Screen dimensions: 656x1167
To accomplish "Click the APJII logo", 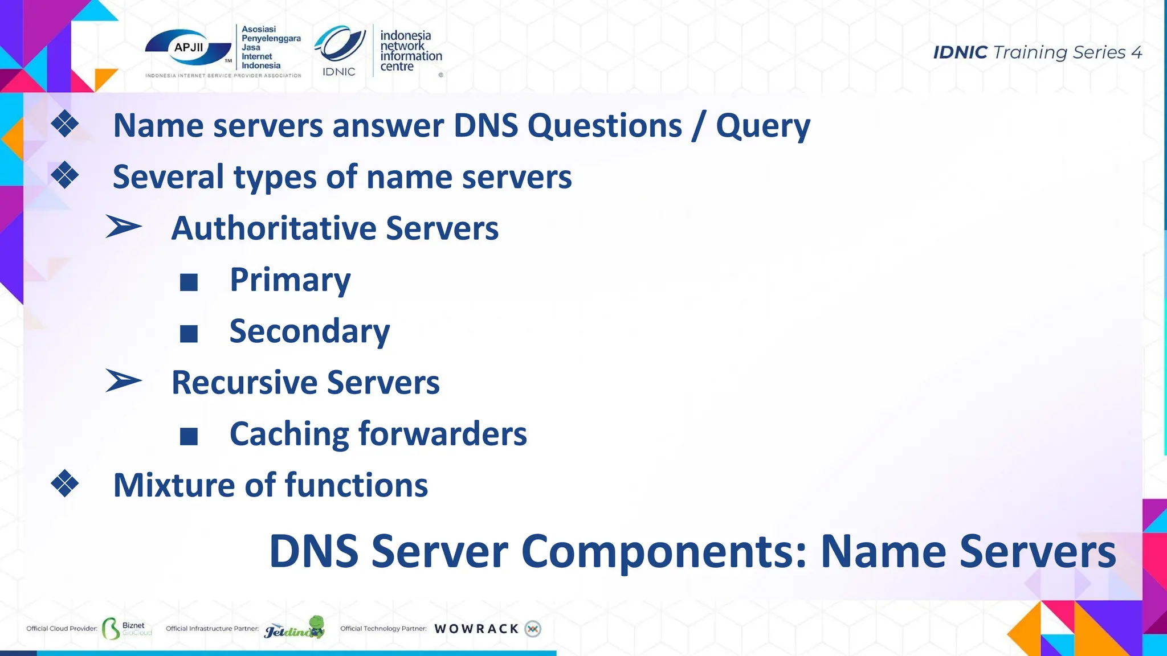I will [x=189, y=48].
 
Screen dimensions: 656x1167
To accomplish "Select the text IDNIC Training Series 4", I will [x=1037, y=52].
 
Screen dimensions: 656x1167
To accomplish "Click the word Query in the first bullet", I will [x=762, y=126].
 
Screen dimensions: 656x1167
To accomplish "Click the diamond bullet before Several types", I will [x=64, y=175].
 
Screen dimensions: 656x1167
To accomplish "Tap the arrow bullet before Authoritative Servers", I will [x=123, y=227].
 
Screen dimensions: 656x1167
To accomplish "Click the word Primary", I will [x=289, y=280].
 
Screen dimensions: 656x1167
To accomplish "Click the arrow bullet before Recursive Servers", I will [x=123, y=381].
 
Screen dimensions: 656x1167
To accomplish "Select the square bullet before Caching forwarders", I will [x=189, y=436].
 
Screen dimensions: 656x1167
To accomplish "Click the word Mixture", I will [x=174, y=485].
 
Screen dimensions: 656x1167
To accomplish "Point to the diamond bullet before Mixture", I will [x=64, y=483].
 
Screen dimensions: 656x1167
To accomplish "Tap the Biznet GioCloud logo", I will [x=127, y=629].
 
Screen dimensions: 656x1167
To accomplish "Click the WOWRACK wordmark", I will [x=476, y=629].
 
